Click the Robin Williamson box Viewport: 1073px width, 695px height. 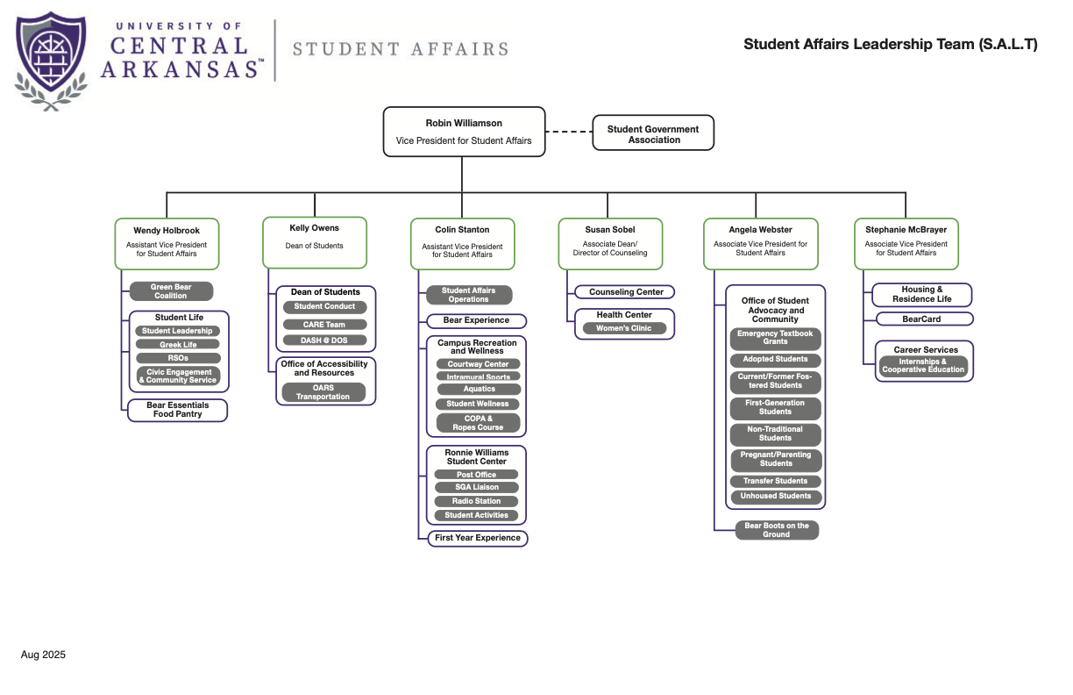464,132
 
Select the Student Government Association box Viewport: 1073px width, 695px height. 653,134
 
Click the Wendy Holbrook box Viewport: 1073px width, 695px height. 167,243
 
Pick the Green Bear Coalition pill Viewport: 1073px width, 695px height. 171,291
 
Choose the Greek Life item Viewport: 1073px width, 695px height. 178,345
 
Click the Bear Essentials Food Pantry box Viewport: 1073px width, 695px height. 178,410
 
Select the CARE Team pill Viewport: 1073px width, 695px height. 324,325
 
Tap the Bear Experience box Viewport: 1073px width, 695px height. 476,321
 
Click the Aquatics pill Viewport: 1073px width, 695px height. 479,389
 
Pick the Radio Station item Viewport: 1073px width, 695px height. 478,501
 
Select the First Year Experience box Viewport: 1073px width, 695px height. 478,538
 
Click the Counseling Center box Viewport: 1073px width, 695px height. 625,292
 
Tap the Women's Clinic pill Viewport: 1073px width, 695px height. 625,328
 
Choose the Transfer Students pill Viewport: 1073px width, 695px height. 776,481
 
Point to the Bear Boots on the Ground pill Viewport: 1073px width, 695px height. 776,530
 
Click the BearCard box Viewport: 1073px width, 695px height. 921,319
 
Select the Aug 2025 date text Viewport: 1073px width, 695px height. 43,655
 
